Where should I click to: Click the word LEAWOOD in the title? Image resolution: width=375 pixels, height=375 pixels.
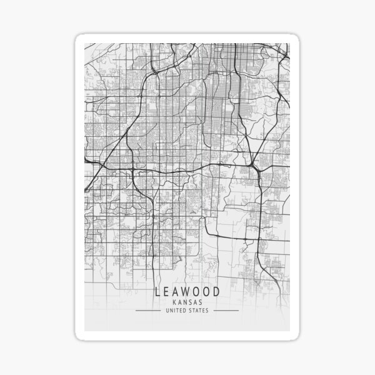click(187, 292)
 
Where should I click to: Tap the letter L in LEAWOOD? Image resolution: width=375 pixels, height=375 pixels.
click(157, 292)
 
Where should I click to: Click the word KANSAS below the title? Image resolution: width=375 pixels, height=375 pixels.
click(187, 302)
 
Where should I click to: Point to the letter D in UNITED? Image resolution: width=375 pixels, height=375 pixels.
click(186, 310)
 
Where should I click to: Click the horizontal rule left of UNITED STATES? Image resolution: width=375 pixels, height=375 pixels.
click(150, 310)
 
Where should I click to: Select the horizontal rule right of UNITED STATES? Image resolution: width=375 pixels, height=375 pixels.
click(225, 310)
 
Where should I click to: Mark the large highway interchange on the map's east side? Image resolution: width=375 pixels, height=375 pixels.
click(255, 166)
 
